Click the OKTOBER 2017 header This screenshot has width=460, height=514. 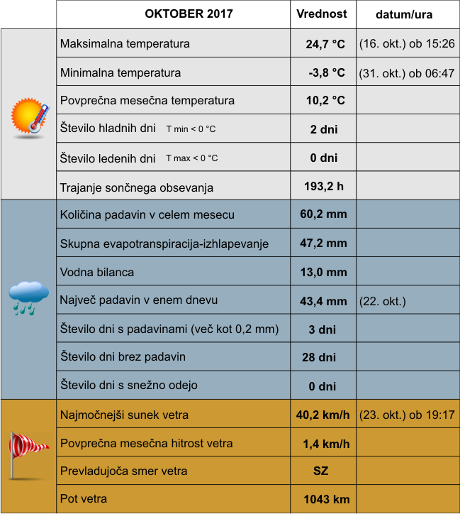(189, 14)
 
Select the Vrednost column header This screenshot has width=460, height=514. (321, 14)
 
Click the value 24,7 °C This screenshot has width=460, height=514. (325, 44)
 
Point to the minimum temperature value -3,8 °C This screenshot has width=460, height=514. (326, 72)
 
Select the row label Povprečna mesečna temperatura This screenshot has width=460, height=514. (147, 101)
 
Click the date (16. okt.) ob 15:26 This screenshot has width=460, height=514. (406, 44)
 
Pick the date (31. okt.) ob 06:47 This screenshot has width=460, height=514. (406, 72)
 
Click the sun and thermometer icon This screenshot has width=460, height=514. (30, 116)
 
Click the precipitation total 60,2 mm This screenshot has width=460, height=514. (323, 214)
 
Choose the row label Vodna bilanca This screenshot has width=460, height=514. (97, 272)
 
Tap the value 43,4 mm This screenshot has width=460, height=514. (323, 301)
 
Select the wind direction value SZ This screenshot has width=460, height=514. (321, 471)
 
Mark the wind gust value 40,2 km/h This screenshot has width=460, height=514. (323, 415)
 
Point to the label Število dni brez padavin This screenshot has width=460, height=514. (123, 356)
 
